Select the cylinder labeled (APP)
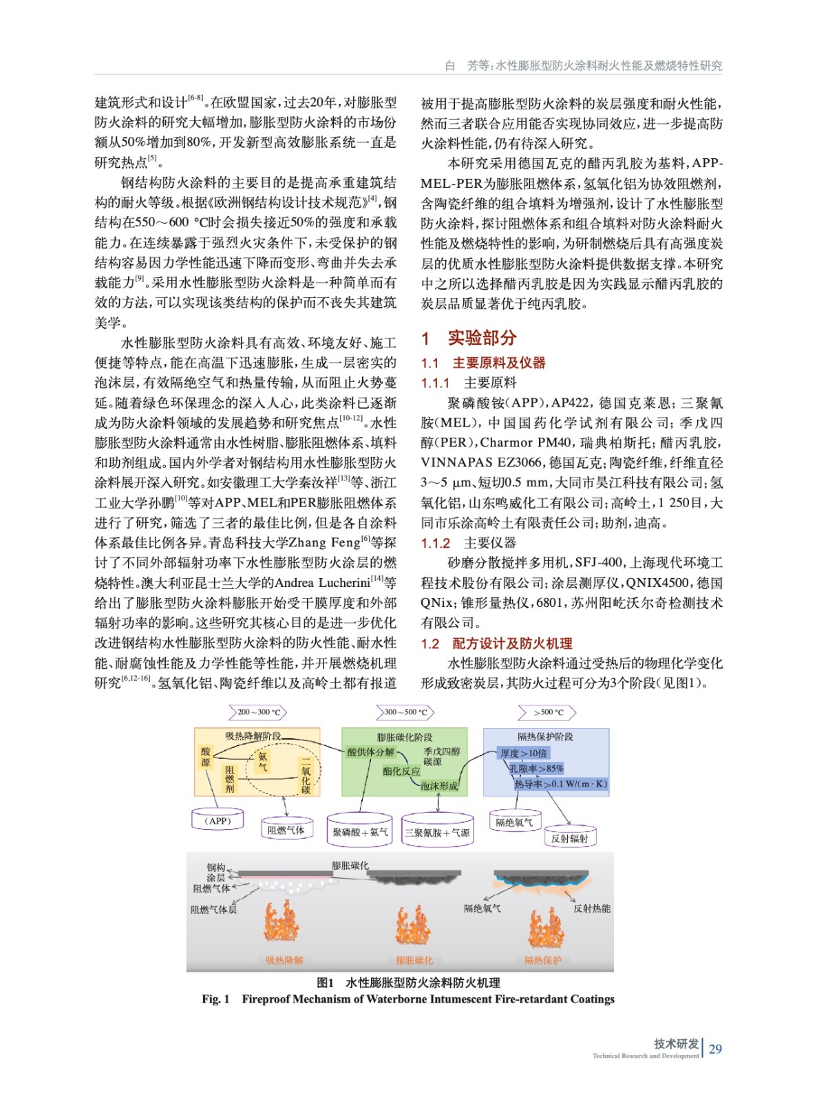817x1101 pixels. point(219,820)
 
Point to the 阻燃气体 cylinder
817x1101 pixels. point(286,830)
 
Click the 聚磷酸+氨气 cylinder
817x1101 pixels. point(360,832)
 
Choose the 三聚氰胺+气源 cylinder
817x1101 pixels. point(437,832)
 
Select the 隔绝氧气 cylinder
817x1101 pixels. point(514,822)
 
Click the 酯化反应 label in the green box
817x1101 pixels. point(401,771)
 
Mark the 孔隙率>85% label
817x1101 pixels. point(536,768)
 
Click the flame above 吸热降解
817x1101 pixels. point(282,921)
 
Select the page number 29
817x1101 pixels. point(715,1049)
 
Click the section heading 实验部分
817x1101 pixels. point(482,338)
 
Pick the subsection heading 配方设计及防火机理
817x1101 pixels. point(512,643)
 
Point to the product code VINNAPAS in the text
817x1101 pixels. point(456,463)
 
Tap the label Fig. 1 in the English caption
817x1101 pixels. point(215,999)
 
